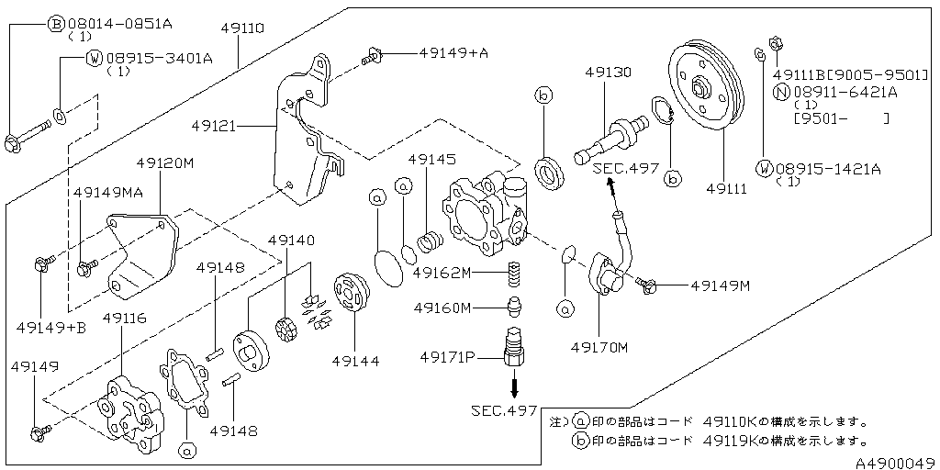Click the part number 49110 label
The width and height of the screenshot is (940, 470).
pos(242,28)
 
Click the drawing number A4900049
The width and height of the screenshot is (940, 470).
pos(896,463)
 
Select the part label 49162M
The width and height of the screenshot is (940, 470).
pos(442,273)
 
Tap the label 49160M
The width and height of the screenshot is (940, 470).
pos(442,308)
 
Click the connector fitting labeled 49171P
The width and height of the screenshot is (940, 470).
pos(514,352)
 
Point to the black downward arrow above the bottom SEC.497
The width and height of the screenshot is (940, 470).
pos(515,385)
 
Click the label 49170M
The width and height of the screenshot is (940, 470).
pos(599,347)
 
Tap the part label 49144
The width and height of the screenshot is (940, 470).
pos(355,361)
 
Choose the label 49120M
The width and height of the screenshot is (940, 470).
pos(165,162)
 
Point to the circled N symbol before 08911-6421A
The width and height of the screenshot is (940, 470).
pos(780,91)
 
